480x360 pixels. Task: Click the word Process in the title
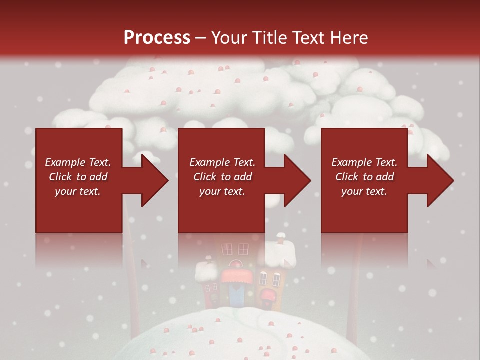click(x=157, y=37)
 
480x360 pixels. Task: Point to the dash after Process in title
click(x=201, y=38)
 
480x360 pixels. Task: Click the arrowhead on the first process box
click(x=155, y=180)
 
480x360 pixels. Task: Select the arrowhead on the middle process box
click(x=297, y=180)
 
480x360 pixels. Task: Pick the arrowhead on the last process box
click(x=440, y=180)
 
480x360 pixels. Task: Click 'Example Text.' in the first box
click(x=78, y=162)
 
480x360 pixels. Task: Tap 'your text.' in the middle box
click(x=222, y=191)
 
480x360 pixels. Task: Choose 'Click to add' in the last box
click(x=364, y=177)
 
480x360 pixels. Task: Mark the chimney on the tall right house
click(x=280, y=239)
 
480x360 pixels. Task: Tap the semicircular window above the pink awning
click(x=233, y=263)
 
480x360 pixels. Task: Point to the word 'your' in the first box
click(x=65, y=191)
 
